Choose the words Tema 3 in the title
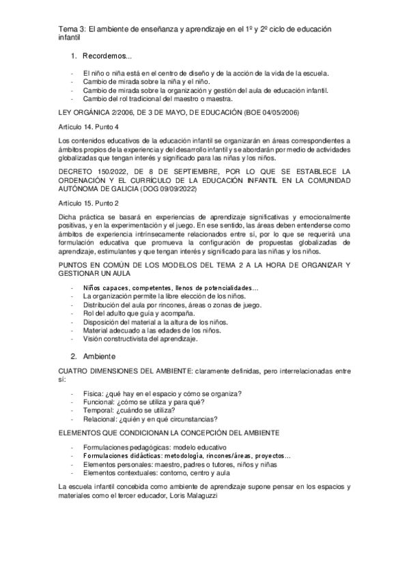coord(70,29)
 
